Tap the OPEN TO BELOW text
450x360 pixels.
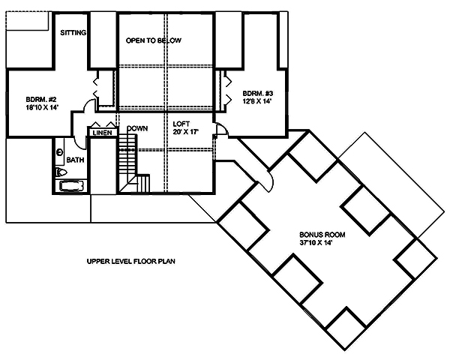coord(154,40)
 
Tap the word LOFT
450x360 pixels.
coord(181,123)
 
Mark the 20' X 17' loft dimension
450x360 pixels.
coord(184,133)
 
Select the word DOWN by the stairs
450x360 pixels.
coord(136,128)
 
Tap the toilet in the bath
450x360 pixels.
coord(61,172)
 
